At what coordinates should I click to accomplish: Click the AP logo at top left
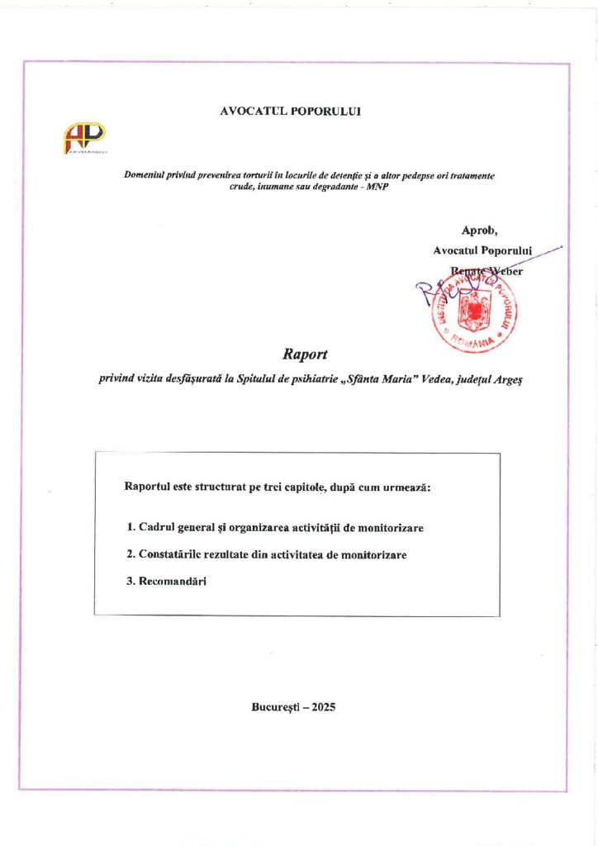85,137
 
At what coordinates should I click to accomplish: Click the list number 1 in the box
131,526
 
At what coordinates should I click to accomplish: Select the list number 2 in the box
131,554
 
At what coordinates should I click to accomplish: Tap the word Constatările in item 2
170,554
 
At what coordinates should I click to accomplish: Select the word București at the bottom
274,706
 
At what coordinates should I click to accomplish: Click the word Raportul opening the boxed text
147,487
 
